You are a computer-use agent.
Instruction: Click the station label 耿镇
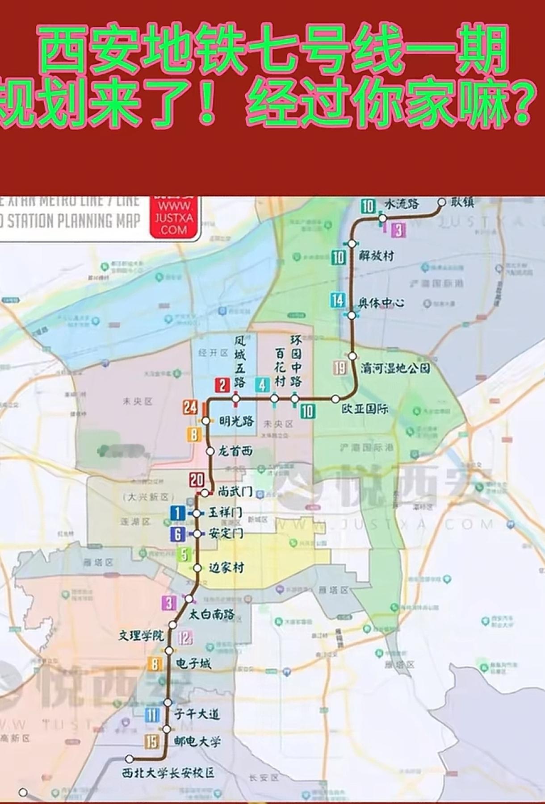pos(462,203)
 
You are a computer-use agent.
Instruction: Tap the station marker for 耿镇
pos(442,202)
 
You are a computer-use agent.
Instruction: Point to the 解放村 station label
pos(377,256)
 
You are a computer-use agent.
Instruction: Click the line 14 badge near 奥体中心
pos(338,300)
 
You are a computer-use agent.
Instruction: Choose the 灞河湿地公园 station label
pos(396,368)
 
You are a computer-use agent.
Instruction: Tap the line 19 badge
pos(340,368)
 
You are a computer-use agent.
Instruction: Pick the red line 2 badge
pos(222,385)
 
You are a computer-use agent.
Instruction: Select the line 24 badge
pos(190,407)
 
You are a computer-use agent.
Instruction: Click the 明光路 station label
pos(236,421)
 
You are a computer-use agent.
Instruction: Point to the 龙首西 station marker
pos(210,451)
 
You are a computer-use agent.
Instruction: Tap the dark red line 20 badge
pos(197,480)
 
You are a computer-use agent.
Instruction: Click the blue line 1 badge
pos(177,513)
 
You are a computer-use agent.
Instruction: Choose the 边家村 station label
pos(226,568)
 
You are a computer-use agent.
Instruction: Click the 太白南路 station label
pos(212,614)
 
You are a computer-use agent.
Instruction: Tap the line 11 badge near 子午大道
pos(152,715)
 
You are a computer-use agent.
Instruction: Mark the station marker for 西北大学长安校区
pos(129,758)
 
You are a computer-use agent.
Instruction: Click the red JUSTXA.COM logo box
pos(174,217)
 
